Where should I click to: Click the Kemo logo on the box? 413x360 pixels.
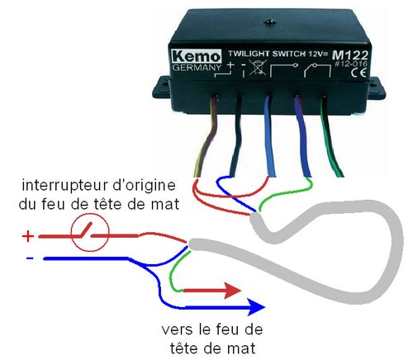197,56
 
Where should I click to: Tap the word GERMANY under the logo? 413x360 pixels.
197,68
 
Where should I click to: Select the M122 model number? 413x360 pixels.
350,55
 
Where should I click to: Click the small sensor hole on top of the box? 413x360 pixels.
269,22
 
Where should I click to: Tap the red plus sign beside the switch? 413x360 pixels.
28,236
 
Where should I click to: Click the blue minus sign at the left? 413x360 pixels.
30,258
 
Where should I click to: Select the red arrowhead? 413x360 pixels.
232,291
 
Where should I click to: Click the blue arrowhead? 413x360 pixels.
256,307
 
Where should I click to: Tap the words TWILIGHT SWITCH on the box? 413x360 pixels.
267,54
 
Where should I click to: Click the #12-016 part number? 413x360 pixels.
351,64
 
